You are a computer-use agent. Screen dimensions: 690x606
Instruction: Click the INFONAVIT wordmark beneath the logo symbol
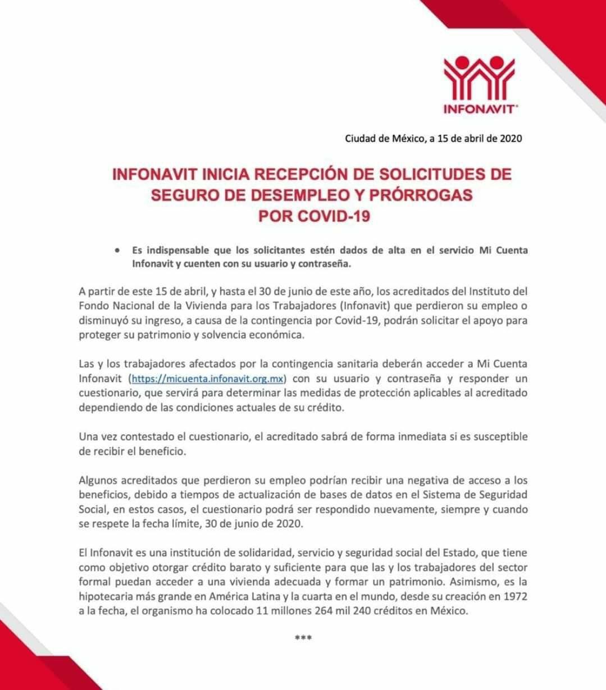(x=479, y=109)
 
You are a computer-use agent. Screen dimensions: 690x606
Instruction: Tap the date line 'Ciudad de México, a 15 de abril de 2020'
(x=433, y=138)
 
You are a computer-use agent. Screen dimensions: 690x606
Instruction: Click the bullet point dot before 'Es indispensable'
(x=117, y=251)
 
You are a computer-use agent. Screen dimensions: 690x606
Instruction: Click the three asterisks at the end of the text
(x=303, y=638)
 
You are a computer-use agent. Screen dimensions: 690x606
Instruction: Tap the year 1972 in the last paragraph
(x=516, y=596)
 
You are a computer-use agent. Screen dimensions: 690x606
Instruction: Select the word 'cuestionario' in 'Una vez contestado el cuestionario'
(x=216, y=437)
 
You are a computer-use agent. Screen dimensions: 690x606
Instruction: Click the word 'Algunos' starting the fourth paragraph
(x=97, y=480)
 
